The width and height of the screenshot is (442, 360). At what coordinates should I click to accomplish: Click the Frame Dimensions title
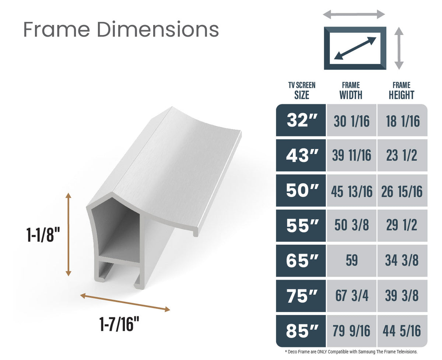[121, 29]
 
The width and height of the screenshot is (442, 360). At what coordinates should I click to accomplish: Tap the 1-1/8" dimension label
[43, 235]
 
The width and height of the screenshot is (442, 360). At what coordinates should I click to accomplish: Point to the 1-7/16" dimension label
[119, 324]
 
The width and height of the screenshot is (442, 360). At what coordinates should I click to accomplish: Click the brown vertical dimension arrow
[68, 234]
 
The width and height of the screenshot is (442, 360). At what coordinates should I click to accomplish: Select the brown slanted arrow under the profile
[125, 302]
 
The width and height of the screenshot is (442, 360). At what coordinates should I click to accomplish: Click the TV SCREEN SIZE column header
[301, 91]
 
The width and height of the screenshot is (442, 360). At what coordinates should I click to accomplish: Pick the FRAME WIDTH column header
[351, 91]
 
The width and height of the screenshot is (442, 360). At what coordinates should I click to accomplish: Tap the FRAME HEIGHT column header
[401, 91]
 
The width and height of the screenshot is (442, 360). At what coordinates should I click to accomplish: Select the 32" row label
[301, 120]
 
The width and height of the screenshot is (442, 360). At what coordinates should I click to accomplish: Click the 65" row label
[301, 261]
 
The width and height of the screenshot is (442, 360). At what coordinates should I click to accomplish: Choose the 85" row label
[301, 331]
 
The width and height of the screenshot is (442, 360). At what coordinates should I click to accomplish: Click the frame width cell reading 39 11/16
[351, 155]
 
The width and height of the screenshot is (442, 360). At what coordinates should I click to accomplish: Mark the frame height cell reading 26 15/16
[402, 191]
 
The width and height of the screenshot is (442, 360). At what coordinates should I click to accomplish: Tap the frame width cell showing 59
[351, 261]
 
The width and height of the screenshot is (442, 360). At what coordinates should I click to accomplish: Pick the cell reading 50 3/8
[351, 226]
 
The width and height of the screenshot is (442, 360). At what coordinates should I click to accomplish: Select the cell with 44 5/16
[402, 331]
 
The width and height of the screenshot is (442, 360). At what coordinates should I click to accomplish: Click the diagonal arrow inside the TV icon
[355, 48]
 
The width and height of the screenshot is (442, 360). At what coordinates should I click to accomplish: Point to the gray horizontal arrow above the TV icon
[354, 15]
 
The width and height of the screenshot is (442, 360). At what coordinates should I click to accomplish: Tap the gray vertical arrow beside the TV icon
[399, 48]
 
